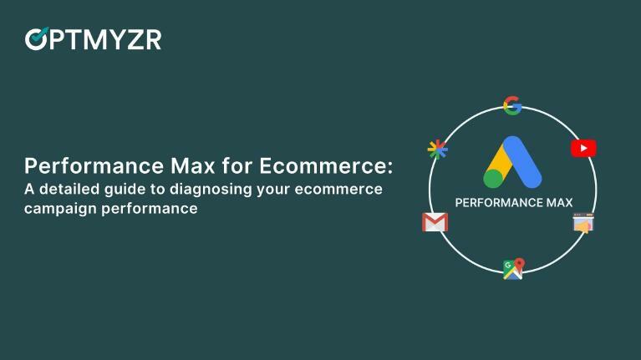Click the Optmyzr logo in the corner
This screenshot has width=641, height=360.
93,38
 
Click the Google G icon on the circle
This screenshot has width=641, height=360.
512,105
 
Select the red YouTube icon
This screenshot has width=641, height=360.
583,149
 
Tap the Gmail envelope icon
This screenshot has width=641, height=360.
435,222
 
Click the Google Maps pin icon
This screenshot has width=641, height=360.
512,268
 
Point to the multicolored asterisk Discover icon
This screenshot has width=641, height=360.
438,150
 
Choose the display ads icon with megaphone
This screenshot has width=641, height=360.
583,223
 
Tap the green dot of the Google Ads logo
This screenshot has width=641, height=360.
493,177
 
